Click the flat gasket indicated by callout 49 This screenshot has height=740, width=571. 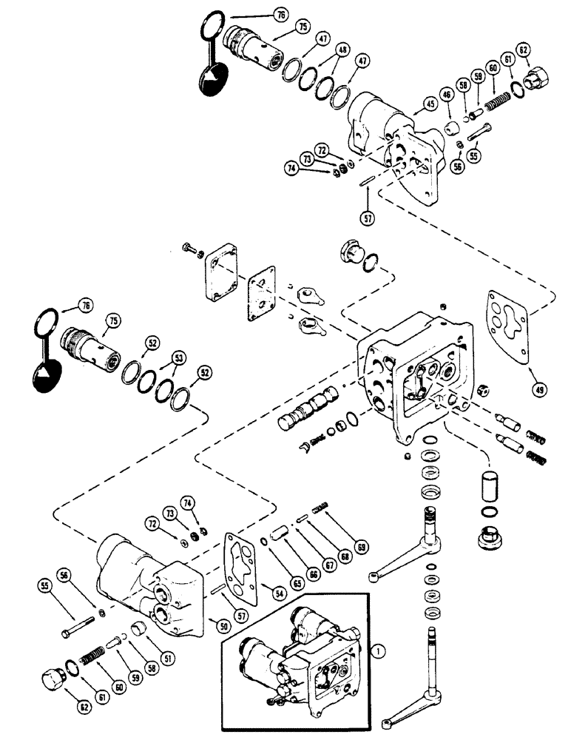coord(510,326)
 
